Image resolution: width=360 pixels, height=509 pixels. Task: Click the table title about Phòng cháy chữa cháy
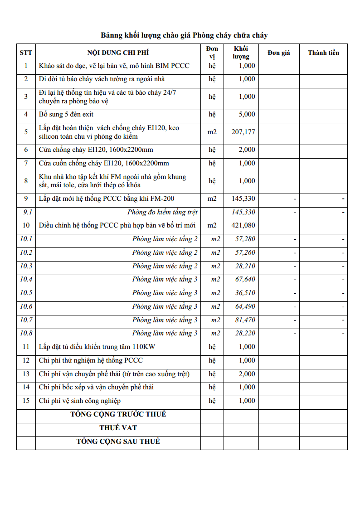(184, 35)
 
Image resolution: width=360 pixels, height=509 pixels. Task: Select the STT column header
(26, 53)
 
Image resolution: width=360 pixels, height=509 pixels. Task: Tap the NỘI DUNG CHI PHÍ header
(118, 53)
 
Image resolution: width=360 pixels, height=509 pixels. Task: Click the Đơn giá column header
(278, 53)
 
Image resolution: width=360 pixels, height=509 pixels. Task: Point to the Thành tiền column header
(323, 53)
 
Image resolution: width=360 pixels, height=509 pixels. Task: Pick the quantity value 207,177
(243, 132)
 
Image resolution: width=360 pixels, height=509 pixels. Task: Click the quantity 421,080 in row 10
(243, 225)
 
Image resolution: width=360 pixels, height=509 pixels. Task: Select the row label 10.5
(26, 293)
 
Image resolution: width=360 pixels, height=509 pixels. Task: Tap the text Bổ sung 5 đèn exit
(66, 114)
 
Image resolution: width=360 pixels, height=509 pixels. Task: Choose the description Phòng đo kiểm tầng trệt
(162, 212)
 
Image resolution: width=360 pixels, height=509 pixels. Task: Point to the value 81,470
(245, 320)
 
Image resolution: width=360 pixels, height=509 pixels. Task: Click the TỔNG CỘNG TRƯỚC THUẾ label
(118, 414)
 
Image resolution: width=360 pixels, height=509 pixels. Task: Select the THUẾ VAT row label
(118, 428)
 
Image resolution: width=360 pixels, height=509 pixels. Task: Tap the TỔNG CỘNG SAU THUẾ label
(118, 441)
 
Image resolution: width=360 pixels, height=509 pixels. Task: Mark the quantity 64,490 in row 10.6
(245, 306)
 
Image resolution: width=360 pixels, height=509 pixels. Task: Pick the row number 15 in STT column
(26, 401)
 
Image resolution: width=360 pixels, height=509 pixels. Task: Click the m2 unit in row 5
(212, 132)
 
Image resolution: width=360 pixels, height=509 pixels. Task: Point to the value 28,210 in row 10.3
(245, 266)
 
